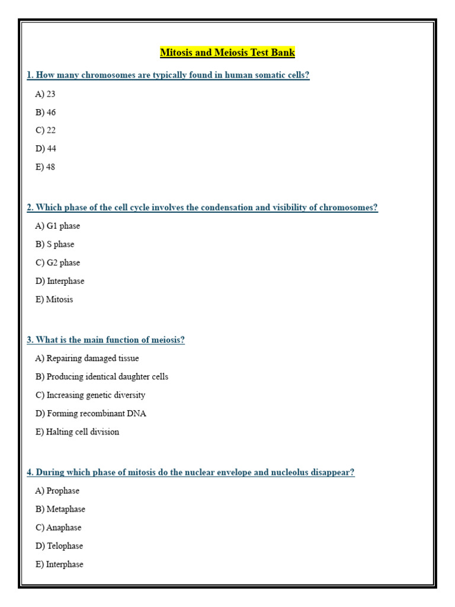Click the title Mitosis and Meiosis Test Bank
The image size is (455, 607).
(x=227, y=53)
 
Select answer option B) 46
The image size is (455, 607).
(x=46, y=112)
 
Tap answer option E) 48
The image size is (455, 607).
(x=45, y=167)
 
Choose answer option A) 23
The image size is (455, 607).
(x=45, y=94)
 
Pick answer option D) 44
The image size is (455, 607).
(x=46, y=148)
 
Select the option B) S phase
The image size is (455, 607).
(x=55, y=244)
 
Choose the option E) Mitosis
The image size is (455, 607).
(x=54, y=299)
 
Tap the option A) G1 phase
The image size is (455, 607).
(x=57, y=226)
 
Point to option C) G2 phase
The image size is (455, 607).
(x=57, y=263)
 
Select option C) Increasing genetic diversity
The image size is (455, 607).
(x=90, y=395)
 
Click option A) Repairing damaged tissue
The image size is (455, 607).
(x=87, y=358)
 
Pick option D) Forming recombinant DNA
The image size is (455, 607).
(x=91, y=413)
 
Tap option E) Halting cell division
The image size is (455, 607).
(x=77, y=432)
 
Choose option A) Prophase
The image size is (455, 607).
(x=57, y=491)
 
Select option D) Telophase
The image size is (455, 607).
(x=59, y=546)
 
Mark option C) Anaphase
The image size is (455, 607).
(x=58, y=528)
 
